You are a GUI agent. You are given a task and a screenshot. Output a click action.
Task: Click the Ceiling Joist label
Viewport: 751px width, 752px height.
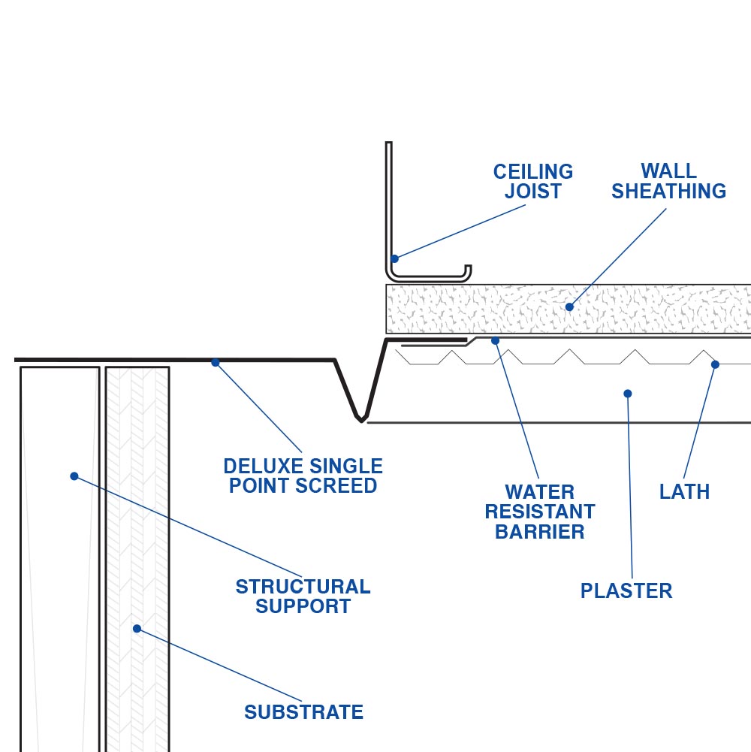[x=532, y=182]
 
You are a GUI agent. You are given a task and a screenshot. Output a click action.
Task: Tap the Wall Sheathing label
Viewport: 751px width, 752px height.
[x=668, y=182]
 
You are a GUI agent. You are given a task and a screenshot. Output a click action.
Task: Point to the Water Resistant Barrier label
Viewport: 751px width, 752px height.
[x=539, y=512]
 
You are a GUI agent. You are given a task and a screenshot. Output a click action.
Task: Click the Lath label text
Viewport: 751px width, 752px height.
[x=684, y=492]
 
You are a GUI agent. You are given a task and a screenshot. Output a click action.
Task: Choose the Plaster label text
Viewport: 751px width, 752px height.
[x=626, y=591]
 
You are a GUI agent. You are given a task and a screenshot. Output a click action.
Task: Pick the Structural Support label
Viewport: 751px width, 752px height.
[x=303, y=596]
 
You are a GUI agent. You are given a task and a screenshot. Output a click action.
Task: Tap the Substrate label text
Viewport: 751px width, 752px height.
[x=303, y=712]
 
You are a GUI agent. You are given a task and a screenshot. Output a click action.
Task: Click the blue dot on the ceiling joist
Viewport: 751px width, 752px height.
[x=394, y=258]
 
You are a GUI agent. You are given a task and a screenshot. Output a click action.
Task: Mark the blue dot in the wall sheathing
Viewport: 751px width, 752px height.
[x=569, y=307]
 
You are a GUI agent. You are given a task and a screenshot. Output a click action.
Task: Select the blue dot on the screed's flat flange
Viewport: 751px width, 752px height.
[x=216, y=362]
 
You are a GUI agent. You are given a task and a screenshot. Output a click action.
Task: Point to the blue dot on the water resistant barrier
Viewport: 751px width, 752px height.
[x=495, y=341]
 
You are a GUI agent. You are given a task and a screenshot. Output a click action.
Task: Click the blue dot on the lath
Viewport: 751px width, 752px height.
[x=715, y=364]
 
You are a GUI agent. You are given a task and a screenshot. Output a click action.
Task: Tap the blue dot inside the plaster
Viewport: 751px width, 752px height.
[x=628, y=393]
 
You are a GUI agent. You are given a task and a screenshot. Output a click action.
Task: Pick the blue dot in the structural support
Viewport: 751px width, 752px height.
[x=74, y=476]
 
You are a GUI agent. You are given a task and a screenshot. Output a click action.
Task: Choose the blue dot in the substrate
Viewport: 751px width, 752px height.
[x=137, y=628]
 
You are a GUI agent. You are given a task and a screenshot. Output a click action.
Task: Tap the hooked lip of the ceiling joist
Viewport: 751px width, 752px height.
[x=467, y=270]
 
